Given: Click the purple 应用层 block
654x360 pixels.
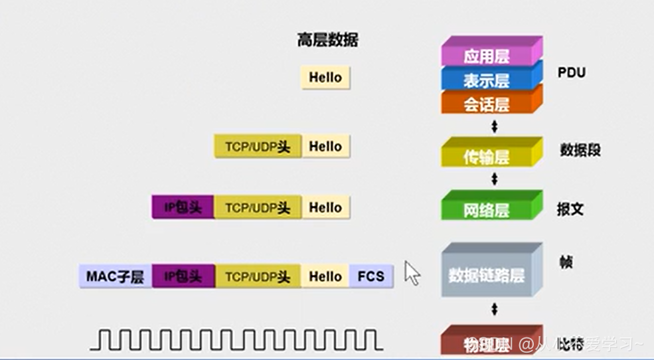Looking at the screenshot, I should pos(487,56).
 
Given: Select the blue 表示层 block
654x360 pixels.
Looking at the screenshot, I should pos(487,80).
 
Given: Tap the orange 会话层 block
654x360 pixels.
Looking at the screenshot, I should pos(487,104).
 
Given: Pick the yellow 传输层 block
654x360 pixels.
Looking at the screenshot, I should pos(487,156).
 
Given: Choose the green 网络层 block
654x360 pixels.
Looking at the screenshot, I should pos(487,209).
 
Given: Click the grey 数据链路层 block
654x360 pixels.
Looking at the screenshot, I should pos(487,274).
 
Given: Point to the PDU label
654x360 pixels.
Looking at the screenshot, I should pos(572,72).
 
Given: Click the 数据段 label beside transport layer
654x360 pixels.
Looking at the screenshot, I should pos(580,150).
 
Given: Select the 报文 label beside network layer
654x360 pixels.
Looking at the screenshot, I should pos(570,209).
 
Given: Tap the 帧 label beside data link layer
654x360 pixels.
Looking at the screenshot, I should pos(566,262).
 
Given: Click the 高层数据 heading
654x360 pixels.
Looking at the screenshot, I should pos(327,41).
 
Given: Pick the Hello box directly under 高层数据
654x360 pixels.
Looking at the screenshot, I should pos(325,77).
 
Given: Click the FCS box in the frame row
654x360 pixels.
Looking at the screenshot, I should pos(371,276).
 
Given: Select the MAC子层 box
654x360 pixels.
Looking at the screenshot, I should pos(115,276).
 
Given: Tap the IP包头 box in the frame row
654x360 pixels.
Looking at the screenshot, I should pos(183,276).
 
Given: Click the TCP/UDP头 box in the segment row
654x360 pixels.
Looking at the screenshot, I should pos(258,147).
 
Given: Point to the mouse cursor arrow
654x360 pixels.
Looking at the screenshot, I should pos(412,272).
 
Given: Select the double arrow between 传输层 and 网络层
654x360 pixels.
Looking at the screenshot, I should pos(493,179).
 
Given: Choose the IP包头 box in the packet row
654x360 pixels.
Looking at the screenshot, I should pos(183,208).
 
